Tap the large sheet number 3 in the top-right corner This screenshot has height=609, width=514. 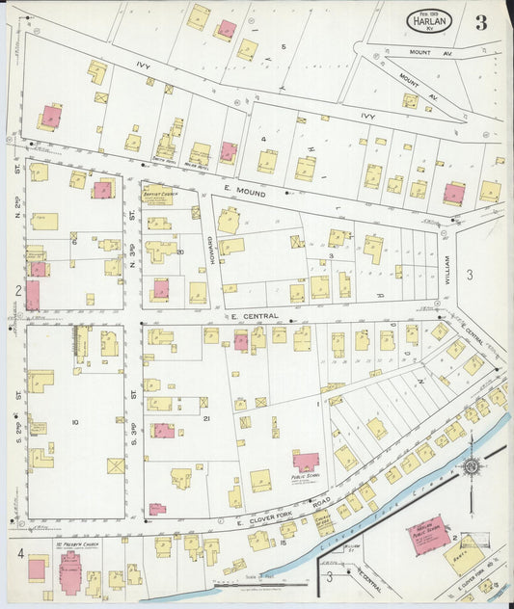click(x=480, y=22)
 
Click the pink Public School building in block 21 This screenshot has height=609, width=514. click(x=307, y=462)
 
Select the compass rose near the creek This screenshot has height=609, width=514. click(x=471, y=466)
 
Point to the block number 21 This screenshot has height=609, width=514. click(x=206, y=418)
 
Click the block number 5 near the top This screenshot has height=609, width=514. click(x=284, y=46)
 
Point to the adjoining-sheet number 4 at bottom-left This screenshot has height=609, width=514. click(x=18, y=554)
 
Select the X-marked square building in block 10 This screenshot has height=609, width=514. click(x=116, y=465)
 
